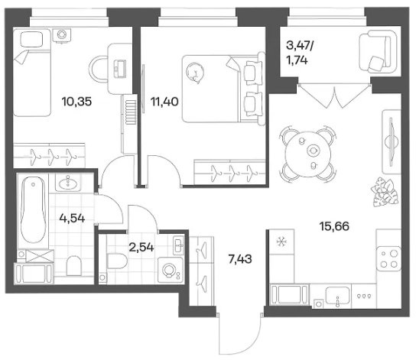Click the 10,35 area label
pos(76,102)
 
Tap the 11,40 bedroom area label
pos(164,102)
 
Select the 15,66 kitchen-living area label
pos(334,226)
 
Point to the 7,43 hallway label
pos(240,259)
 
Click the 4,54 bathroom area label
pos(72,218)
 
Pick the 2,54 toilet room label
pos(141,248)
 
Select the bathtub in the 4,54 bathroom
pos(33,210)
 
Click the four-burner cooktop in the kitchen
pos(388,258)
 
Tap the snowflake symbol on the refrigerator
pos(281,242)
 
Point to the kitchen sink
pos(337,295)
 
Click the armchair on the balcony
pos(378,51)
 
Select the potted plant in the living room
pos(385,193)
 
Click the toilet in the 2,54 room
pos(117,261)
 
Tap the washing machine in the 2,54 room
pos(171,270)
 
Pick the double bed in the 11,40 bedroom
pos(223,89)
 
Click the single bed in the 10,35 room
pos(32,73)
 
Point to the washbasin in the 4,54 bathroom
pos(67,182)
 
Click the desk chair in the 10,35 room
pos(98,70)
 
